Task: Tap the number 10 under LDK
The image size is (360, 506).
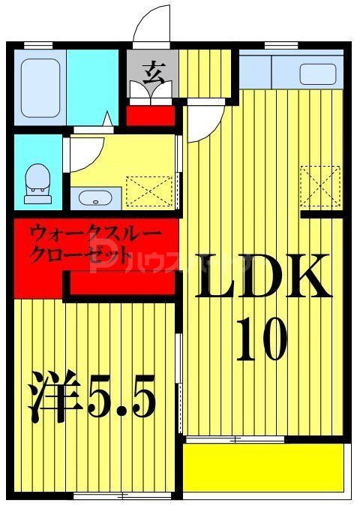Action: click(x=262, y=339)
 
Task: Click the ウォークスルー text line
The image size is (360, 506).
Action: click(x=94, y=233)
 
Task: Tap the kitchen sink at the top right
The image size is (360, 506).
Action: click(x=318, y=74)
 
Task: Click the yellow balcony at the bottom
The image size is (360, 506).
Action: click(x=263, y=468)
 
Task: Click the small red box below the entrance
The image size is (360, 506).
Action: click(x=151, y=116)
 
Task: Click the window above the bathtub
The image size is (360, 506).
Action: click(x=37, y=46)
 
